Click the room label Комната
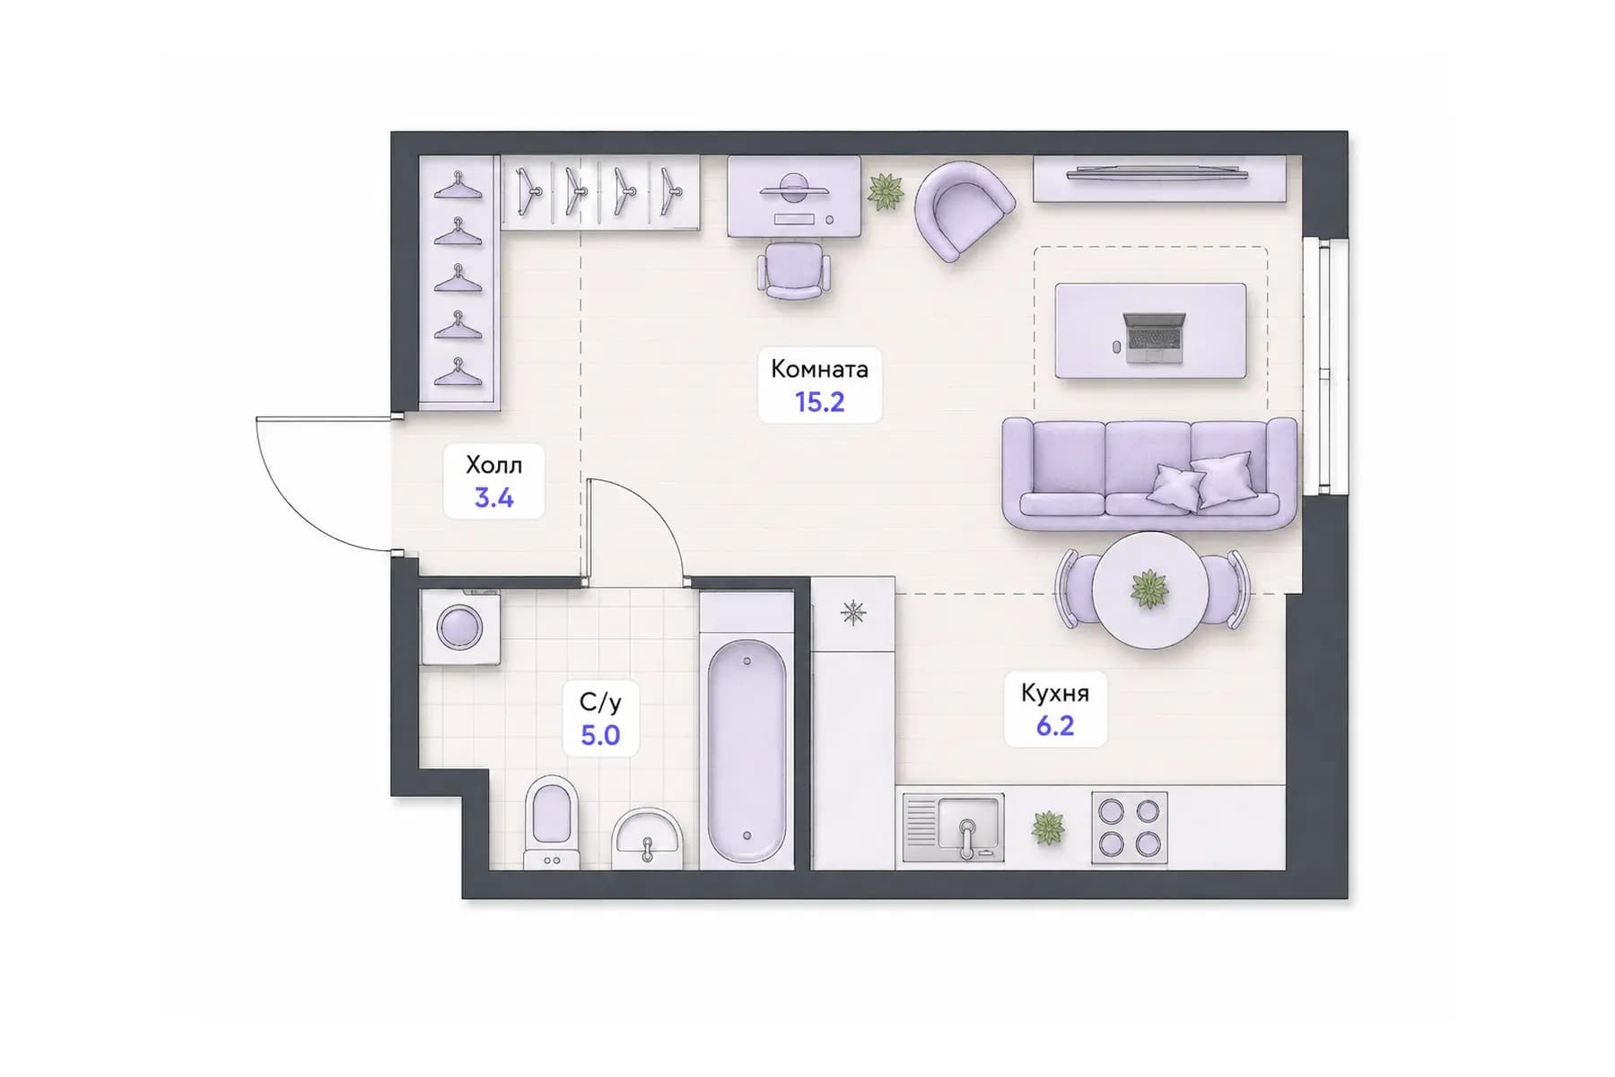pos(819,369)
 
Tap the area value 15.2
pos(820,402)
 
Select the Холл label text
pos(493,465)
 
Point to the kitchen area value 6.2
pos(1055,725)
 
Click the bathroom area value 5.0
pos(600,735)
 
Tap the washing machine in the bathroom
pos(460,626)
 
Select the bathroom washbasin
pos(647,838)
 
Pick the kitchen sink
pos(953,827)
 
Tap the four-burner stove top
pos(1130,827)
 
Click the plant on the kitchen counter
pos(1047,827)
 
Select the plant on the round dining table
pos(1149,589)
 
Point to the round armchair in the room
pos(964,209)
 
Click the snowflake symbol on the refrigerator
pos(853,613)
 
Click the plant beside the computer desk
pos(886,191)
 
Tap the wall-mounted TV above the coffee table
pos(1157,172)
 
